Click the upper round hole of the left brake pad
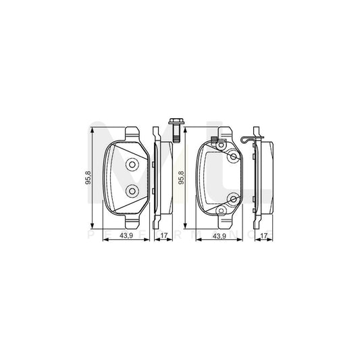(x=132, y=164)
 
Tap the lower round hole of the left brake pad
(x=132, y=191)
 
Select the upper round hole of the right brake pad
(x=234, y=157)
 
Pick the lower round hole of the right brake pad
(x=234, y=199)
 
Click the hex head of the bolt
(x=175, y=125)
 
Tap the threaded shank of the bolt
(x=175, y=138)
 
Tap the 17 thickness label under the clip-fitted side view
(x=262, y=236)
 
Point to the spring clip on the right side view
(x=250, y=139)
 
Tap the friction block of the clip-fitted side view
(x=267, y=177)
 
